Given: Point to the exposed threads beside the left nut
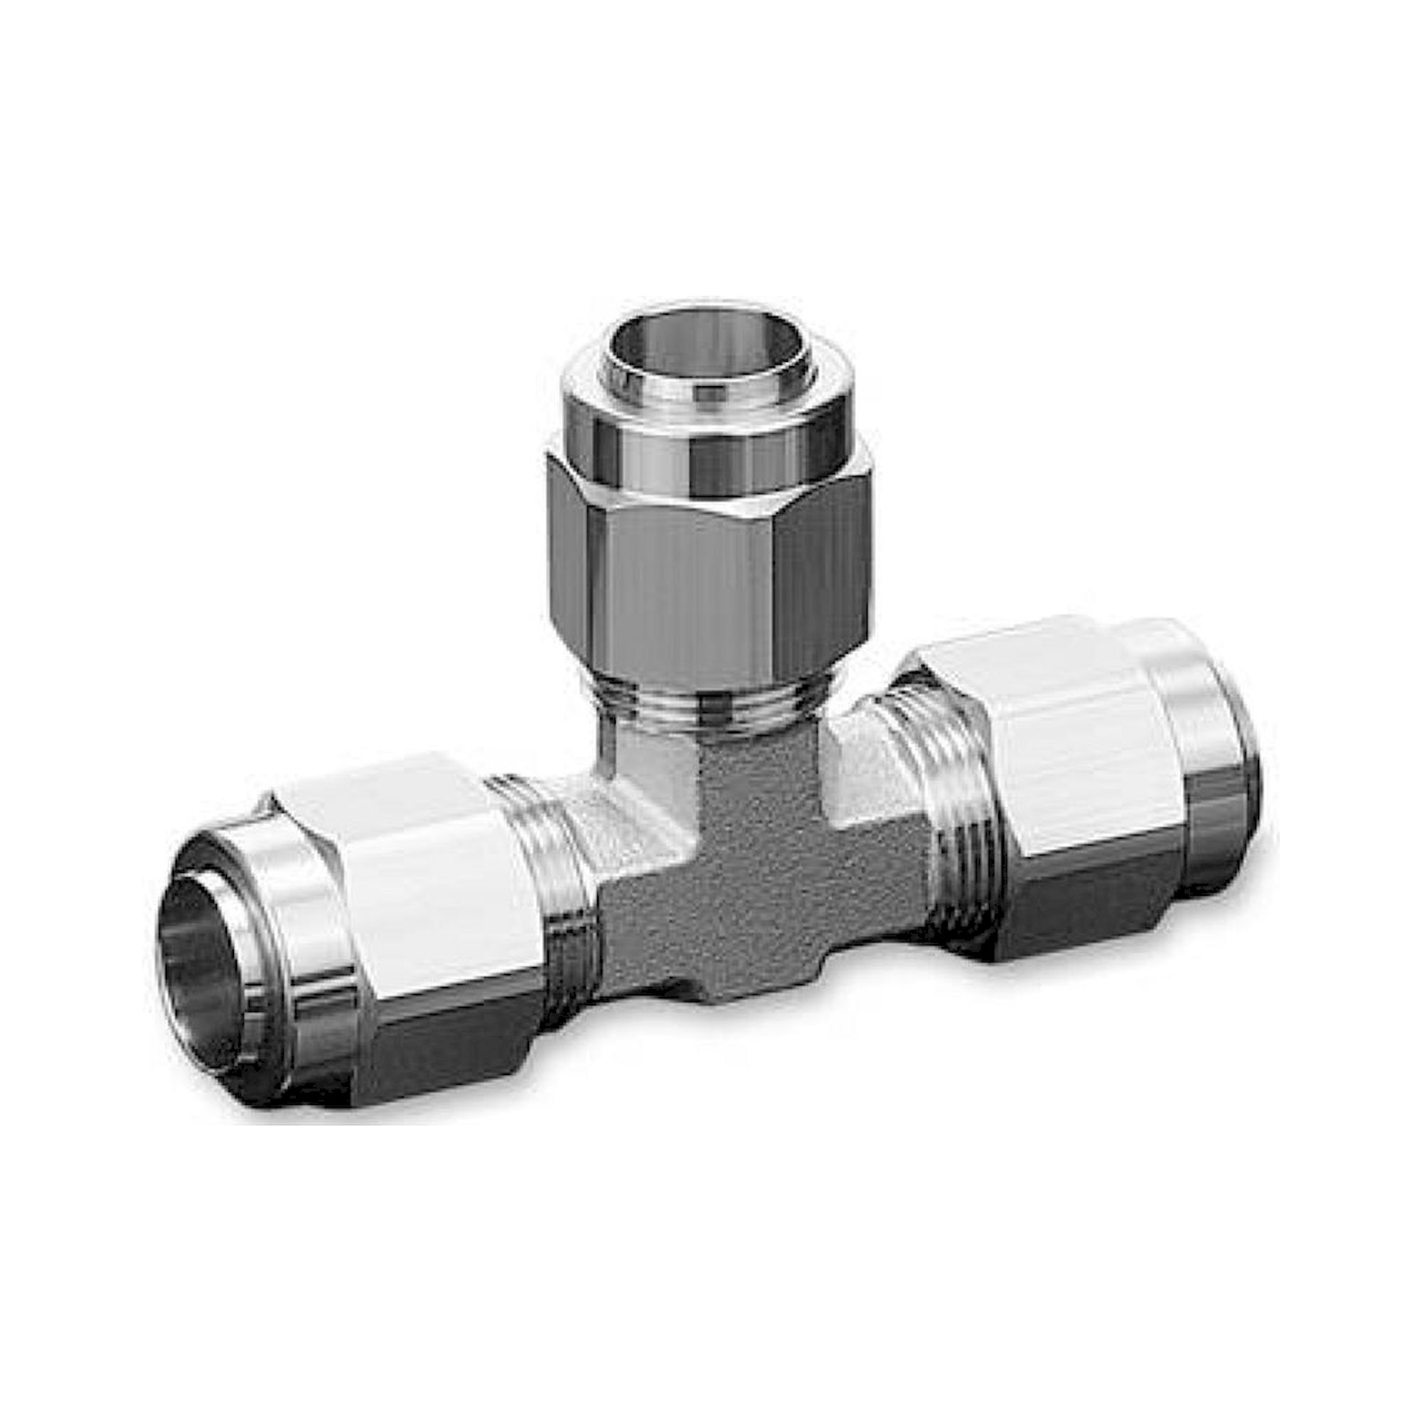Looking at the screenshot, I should click(545, 869).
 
